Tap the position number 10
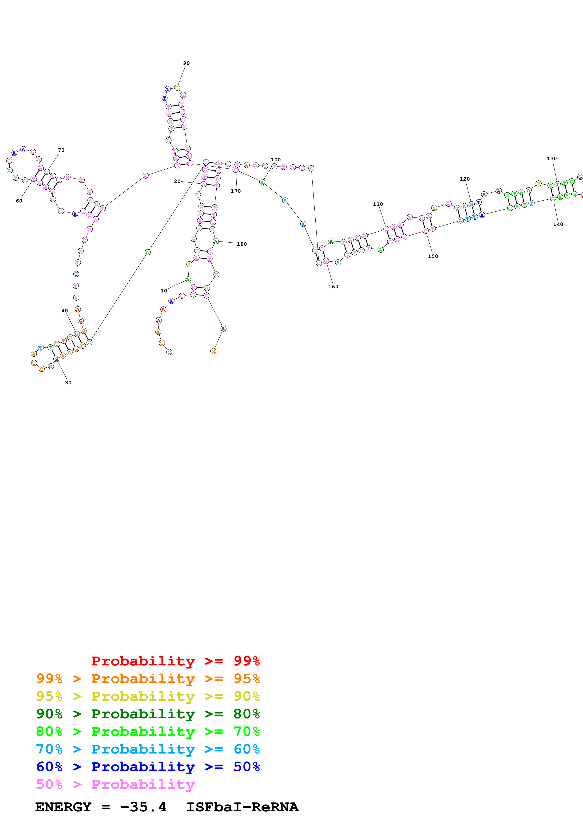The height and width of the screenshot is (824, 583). point(164,291)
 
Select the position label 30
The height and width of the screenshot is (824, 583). point(68,383)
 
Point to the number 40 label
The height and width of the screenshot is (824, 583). point(65,311)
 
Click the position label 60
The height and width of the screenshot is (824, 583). point(19,201)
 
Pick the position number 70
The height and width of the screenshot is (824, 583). point(61,150)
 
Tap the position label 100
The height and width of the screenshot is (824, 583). point(276,160)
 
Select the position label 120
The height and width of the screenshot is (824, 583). point(464,179)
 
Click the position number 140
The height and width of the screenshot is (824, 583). point(558,224)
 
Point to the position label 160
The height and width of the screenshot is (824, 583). point(333,286)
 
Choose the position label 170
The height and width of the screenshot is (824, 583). point(236,191)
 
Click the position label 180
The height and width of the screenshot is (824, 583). point(242,244)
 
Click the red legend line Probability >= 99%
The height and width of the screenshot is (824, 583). point(175,661)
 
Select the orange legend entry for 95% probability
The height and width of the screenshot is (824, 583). point(148,679)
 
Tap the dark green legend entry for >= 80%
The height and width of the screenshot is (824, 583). point(148,714)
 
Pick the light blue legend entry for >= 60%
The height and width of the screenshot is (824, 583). point(148,749)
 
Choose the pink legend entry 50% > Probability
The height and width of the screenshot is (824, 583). point(115,784)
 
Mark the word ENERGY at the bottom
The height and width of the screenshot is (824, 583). point(63,807)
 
